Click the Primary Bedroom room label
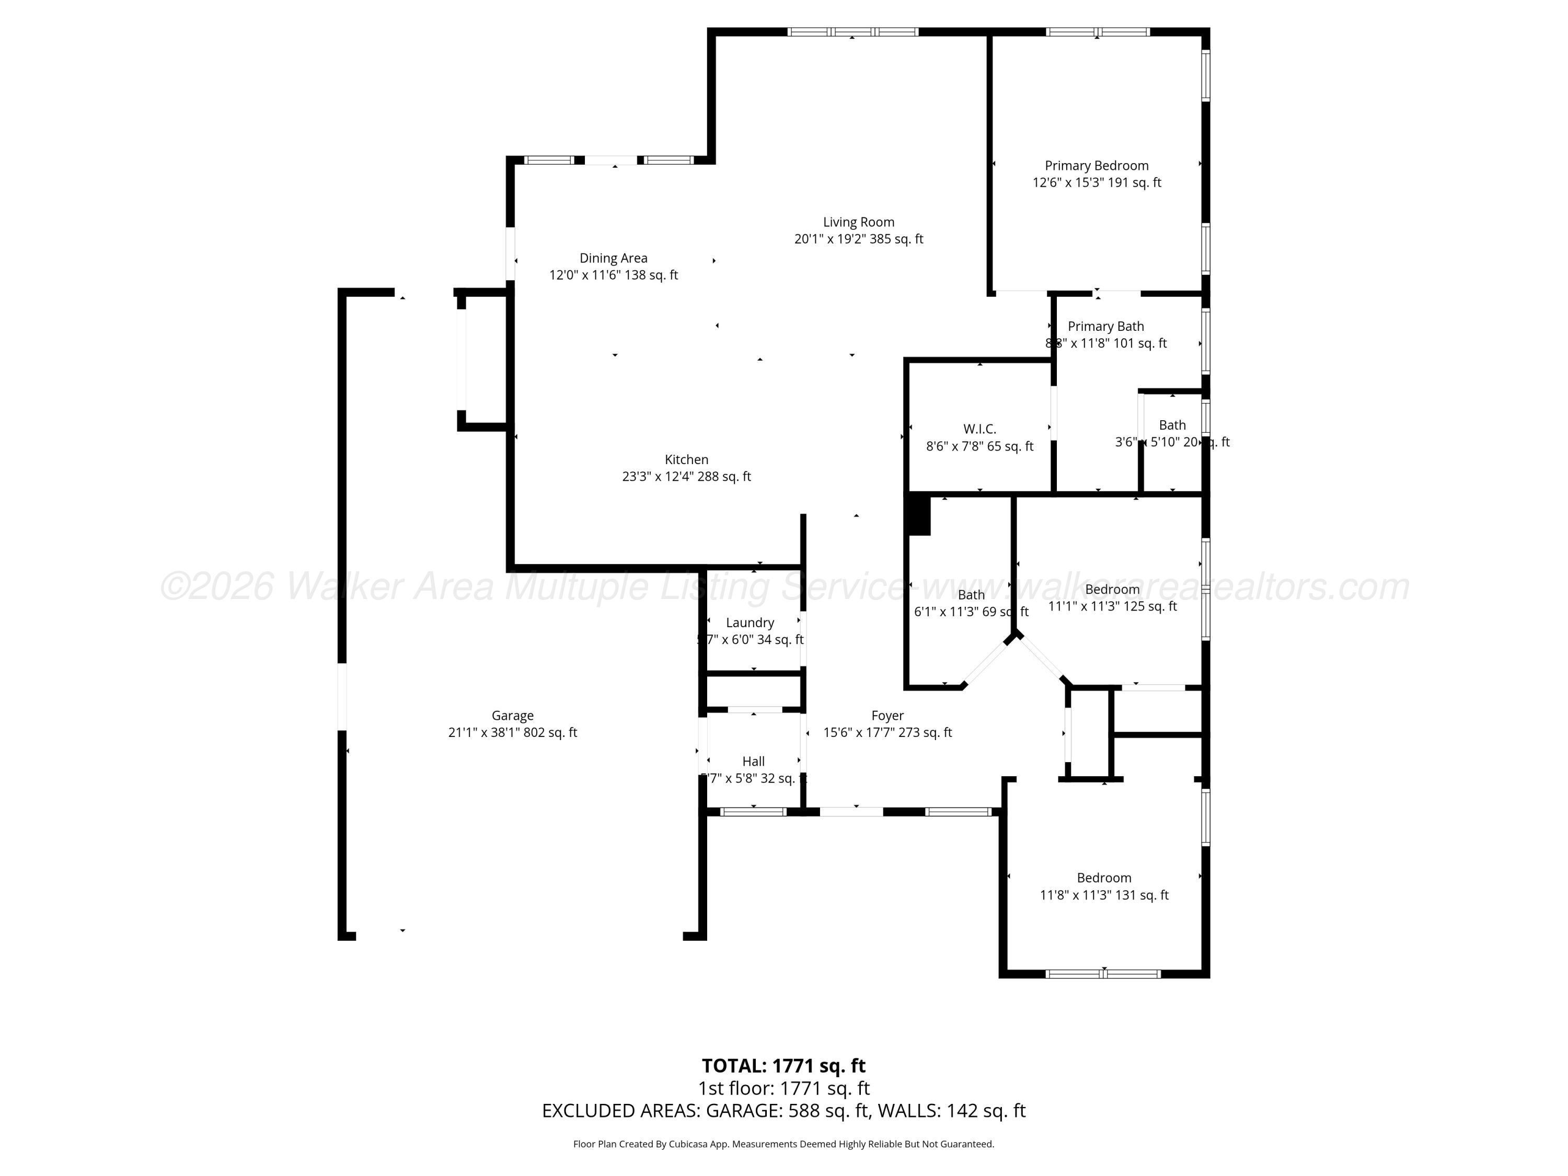click(x=1096, y=166)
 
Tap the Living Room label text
click(x=858, y=223)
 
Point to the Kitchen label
click(x=686, y=460)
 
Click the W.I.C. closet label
click(x=979, y=430)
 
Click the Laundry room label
click(x=750, y=623)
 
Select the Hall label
click(x=754, y=762)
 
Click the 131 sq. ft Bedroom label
click(x=1104, y=878)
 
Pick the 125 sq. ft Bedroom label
click(x=1112, y=590)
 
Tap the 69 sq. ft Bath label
click(x=971, y=595)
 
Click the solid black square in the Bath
click(x=919, y=515)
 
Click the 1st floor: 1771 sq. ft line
click(x=783, y=1088)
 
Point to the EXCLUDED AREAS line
click(x=783, y=1111)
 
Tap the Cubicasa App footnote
click(x=783, y=1144)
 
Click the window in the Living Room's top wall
click(x=853, y=32)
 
